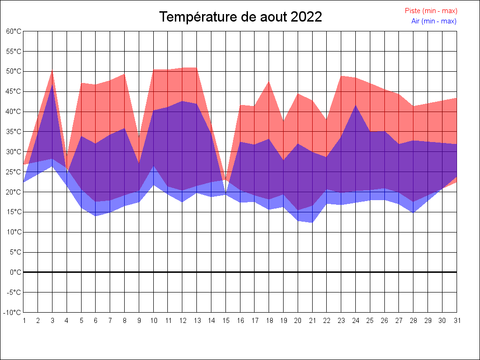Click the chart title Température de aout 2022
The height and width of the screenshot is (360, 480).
(240, 17)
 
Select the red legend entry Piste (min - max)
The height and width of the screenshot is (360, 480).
(431, 11)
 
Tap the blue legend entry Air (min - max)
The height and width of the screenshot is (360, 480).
(434, 21)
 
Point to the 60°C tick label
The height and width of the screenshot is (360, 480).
(14, 31)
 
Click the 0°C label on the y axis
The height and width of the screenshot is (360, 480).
(15, 272)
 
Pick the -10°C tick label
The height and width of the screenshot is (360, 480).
(13, 312)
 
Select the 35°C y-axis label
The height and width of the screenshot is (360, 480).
(14, 132)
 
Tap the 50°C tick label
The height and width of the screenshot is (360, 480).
(14, 71)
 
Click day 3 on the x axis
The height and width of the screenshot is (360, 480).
(52, 321)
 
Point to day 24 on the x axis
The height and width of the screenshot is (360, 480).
(356, 321)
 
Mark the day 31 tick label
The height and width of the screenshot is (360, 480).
(457, 321)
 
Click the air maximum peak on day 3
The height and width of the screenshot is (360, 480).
(52, 85)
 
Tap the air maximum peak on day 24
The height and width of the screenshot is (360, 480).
(356, 105)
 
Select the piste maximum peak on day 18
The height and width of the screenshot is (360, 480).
(269, 82)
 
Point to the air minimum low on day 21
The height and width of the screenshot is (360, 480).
(312, 223)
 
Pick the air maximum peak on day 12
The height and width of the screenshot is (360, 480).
(182, 101)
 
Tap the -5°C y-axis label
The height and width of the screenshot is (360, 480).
(14, 292)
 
